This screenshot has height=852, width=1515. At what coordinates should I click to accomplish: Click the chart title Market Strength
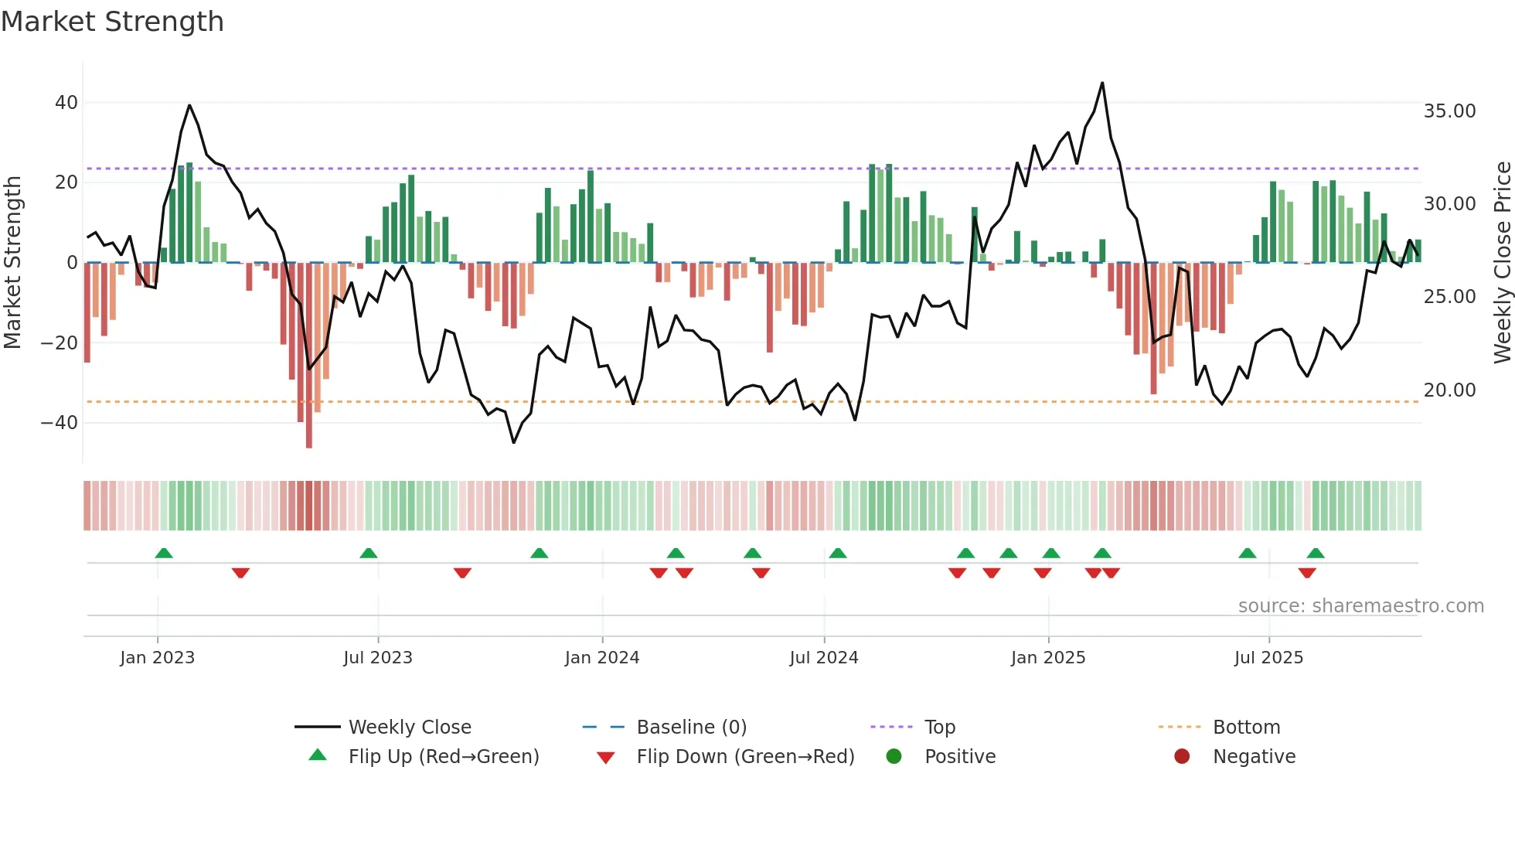tap(112, 22)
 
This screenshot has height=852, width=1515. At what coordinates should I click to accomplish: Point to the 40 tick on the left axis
tap(66, 103)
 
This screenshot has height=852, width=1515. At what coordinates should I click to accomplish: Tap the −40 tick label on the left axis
tap(60, 423)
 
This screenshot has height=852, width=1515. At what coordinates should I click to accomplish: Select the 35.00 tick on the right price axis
tap(1449, 111)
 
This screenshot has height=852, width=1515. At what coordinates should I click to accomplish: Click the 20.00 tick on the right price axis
tap(1449, 390)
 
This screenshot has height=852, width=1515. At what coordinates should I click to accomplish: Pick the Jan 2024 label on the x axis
tap(602, 658)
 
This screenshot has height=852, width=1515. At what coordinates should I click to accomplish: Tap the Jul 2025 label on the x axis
tap(1268, 658)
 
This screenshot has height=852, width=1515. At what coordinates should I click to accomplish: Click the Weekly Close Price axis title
tap(1502, 263)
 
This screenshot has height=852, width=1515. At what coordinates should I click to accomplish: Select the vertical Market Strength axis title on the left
tap(13, 263)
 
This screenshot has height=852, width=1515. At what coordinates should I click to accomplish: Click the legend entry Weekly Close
tap(409, 728)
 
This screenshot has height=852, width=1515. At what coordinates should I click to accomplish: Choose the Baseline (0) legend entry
tap(691, 728)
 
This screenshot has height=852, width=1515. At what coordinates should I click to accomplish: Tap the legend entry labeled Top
tap(939, 728)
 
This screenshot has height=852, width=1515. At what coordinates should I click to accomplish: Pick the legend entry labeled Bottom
tap(1246, 728)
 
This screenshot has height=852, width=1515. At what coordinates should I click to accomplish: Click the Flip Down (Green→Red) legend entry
tap(744, 757)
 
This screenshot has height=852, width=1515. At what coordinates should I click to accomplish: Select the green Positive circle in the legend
tap(894, 757)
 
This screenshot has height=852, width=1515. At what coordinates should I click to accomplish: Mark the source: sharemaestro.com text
tap(1360, 606)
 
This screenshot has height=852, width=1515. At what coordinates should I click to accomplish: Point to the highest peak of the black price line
tap(1102, 83)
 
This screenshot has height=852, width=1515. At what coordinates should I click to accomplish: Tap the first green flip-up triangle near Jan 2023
tap(164, 553)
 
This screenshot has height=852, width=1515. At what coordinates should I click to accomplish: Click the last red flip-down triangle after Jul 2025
tap(1307, 573)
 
